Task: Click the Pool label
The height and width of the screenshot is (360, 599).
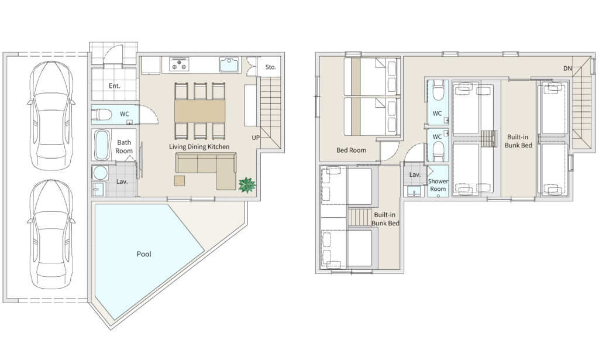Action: coord(144,254)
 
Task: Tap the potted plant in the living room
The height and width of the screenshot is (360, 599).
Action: coord(247,186)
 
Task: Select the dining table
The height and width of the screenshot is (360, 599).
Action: coord(199,111)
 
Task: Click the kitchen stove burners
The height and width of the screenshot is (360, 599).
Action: coord(179,64)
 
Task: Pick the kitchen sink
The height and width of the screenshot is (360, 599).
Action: coord(229,64)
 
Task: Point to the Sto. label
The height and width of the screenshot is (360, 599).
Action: coord(270,67)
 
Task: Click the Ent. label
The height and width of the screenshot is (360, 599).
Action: coord(114,85)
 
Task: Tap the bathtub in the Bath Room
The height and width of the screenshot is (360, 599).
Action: coord(102,145)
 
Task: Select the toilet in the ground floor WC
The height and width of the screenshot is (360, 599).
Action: coord(102,114)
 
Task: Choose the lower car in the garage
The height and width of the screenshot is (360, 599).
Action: coord(51,234)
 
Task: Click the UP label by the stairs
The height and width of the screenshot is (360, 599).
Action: coord(256,138)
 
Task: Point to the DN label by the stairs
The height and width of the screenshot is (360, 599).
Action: coord(567,68)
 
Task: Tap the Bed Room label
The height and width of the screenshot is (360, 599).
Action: coord(351,150)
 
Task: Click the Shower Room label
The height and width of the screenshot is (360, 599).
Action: coord(438,185)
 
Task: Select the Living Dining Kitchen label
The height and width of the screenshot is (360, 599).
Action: coord(199,146)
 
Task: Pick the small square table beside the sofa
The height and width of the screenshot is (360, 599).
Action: coord(180,180)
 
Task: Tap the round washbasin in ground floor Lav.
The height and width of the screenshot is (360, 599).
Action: coord(100,173)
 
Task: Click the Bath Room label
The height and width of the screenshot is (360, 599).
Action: coord(124,146)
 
